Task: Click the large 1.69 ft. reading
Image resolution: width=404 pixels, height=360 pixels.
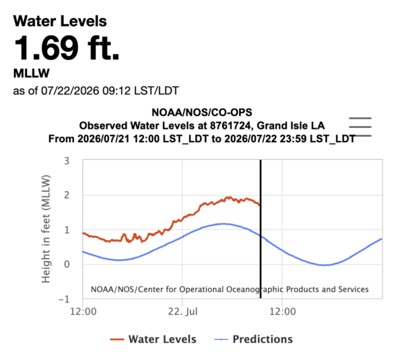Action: pyautogui.click(x=67, y=48)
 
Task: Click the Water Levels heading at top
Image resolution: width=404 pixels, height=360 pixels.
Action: pyautogui.click(x=60, y=21)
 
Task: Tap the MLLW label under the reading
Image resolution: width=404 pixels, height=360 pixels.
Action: pyautogui.click(x=31, y=73)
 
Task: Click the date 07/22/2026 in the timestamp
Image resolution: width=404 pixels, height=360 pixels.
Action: pyautogui.click(x=70, y=91)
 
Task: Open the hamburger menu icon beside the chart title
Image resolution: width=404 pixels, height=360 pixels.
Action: pyautogui.click(x=360, y=127)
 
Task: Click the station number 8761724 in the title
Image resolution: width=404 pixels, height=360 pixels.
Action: pyautogui.click(x=230, y=125)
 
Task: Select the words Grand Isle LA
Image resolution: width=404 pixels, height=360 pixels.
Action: pyautogui.click(x=291, y=125)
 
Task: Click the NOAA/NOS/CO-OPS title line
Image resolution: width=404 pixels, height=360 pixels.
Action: pyautogui.click(x=202, y=113)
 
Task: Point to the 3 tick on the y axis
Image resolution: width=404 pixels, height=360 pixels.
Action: pyautogui.click(x=67, y=161)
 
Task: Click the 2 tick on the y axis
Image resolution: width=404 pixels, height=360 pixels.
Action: pyautogui.click(x=67, y=196)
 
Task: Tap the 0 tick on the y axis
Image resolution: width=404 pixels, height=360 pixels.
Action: pyautogui.click(x=67, y=264)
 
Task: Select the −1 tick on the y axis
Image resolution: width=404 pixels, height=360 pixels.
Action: pyautogui.click(x=64, y=299)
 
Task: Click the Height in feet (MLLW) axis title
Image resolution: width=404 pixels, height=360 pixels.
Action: pyautogui.click(x=46, y=229)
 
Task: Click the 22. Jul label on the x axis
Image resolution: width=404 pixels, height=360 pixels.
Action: pyautogui.click(x=182, y=311)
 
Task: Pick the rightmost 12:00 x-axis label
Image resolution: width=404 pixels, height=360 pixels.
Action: pyautogui.click(x=283, y=311)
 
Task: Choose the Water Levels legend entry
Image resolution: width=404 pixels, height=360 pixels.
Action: pyautogui.click(x=153, y=339)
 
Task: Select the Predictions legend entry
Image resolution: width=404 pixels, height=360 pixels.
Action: pyautogui.click(x=254, y=339)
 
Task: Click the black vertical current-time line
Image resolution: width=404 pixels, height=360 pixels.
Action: pyautogui.click(x=261, y=229)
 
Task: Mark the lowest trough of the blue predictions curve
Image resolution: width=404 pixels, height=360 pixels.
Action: pyautogui.click(x=325, y=265)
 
